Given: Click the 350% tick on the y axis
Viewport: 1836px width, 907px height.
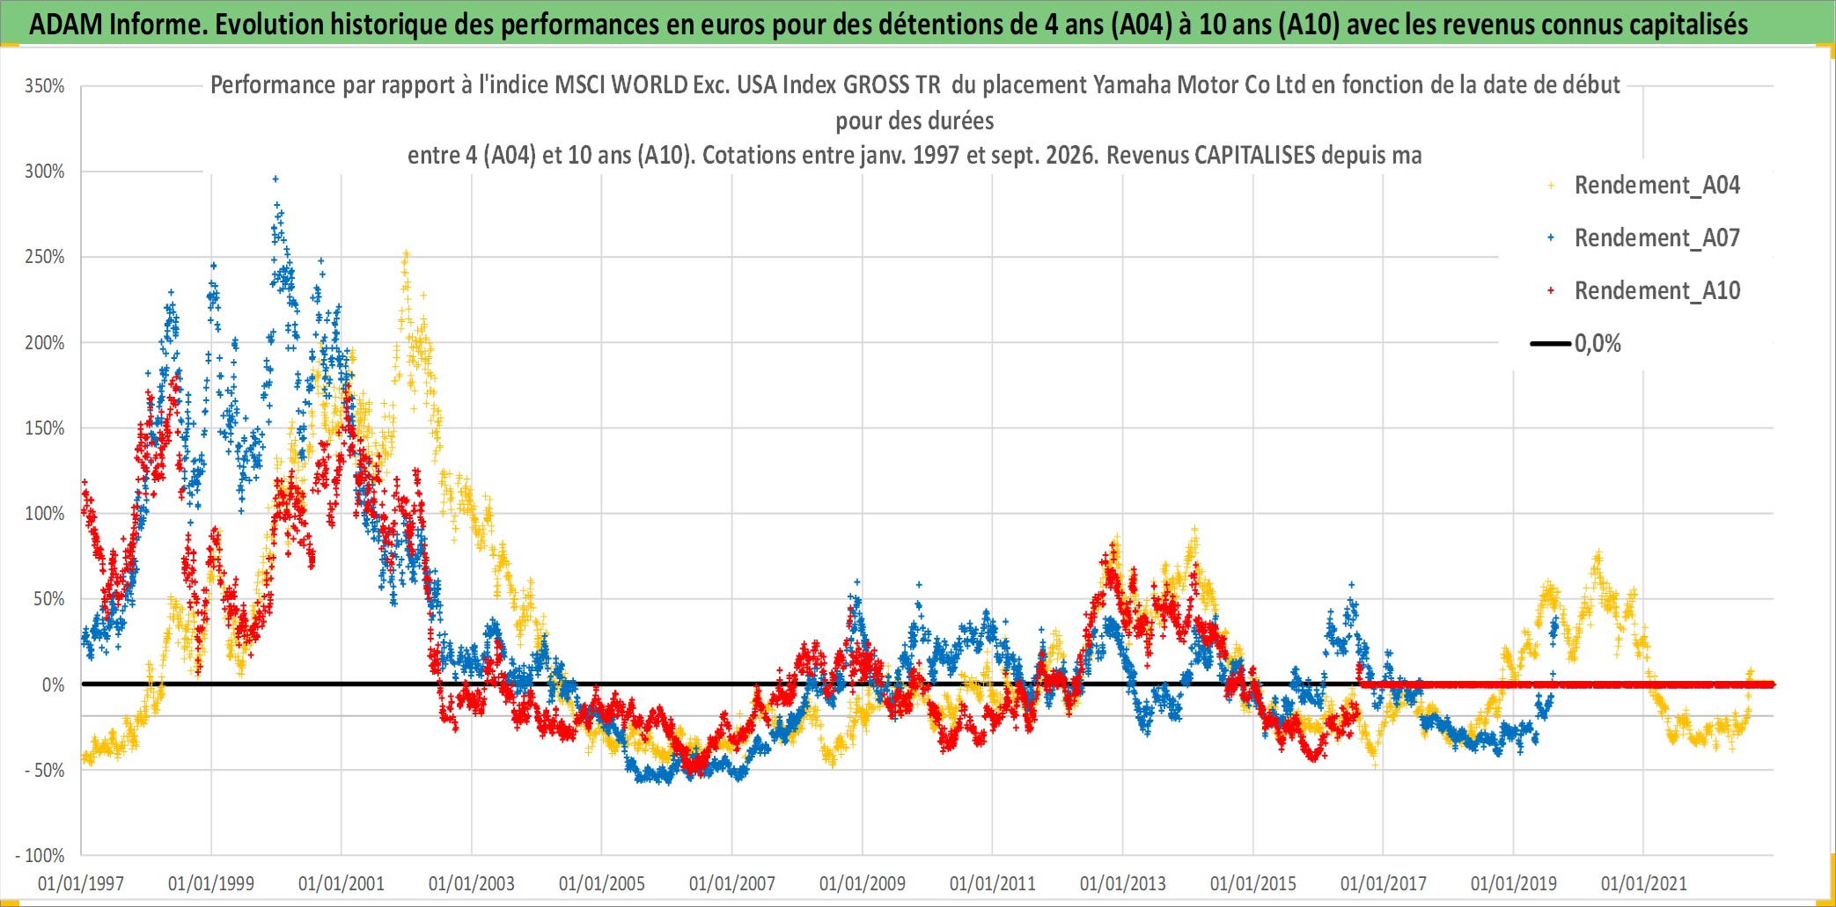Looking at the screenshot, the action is coord(45,86).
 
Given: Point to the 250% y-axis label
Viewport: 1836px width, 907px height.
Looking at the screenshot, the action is coord(45,257).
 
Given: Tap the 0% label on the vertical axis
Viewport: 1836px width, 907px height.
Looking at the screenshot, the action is coord(54,684).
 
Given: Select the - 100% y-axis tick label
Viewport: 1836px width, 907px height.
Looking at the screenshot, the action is coord(40,855).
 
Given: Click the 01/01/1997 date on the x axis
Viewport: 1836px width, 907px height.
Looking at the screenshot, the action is coord(81,883).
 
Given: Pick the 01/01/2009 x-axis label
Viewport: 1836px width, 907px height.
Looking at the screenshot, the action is coord(863,883).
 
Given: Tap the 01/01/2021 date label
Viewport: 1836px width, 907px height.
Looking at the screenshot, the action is coord(1644,883).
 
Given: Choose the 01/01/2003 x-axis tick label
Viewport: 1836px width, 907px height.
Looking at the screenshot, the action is coord(472,883).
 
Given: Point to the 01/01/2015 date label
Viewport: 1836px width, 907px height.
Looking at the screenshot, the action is coord(1253,883).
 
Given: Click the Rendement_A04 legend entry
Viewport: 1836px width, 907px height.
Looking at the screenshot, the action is coord(1657,185).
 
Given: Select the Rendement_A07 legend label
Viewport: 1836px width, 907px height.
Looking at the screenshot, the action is coord(1657,238).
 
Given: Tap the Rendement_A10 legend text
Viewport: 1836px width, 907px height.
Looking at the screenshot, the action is coord(1657,290).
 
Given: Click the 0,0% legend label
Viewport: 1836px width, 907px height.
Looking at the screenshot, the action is coord(1597,343).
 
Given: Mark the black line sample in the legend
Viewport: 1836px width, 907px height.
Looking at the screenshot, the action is coord(1551,343).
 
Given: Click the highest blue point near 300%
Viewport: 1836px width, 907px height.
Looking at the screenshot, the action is coord(275,179).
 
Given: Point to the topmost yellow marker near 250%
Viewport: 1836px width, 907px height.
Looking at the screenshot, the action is coord(406,253).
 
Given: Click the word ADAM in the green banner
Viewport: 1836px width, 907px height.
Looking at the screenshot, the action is coord(66,24).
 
